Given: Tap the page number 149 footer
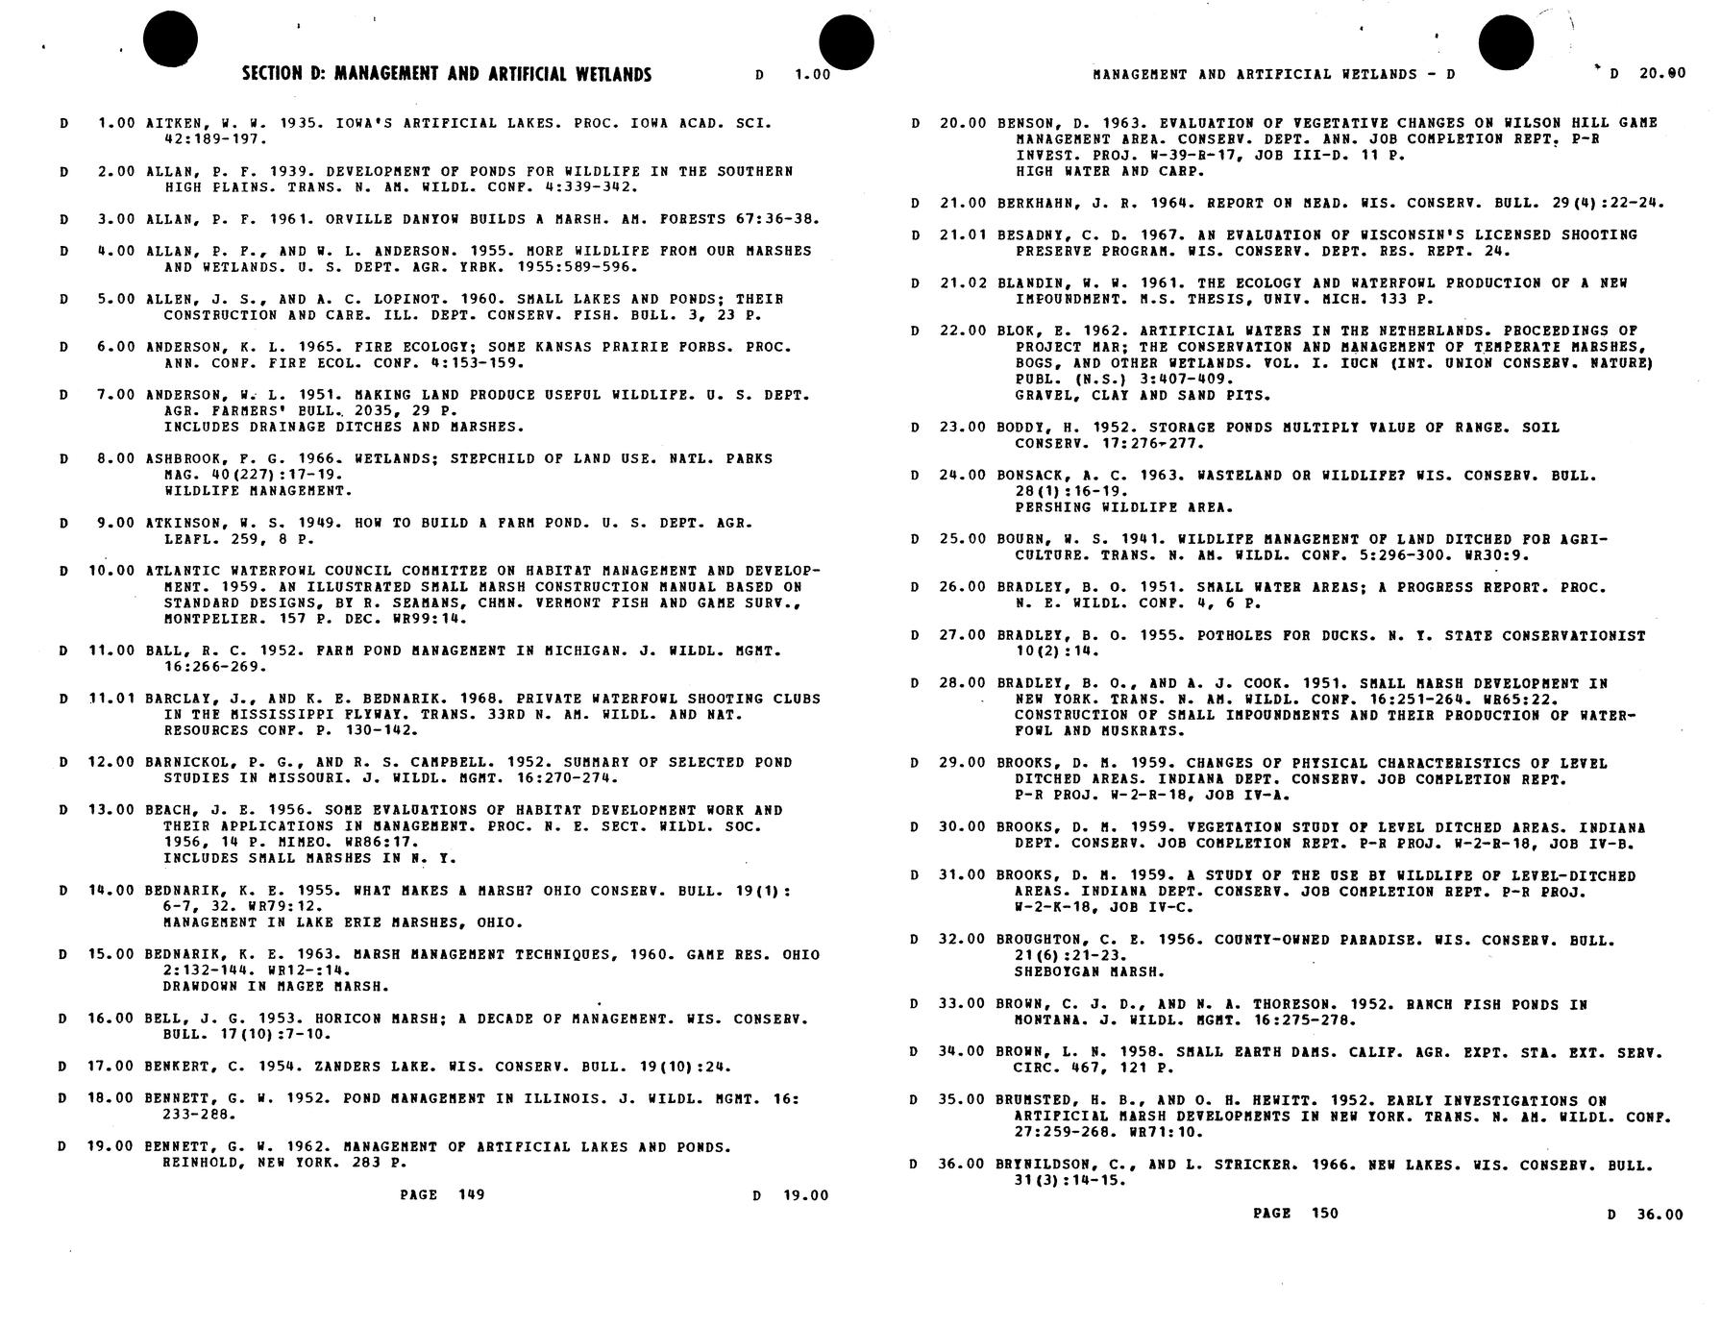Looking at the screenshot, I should pyautogui.click(x=442, y=1194).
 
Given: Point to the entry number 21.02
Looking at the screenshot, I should pyautogui.click(x=962, y=282).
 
